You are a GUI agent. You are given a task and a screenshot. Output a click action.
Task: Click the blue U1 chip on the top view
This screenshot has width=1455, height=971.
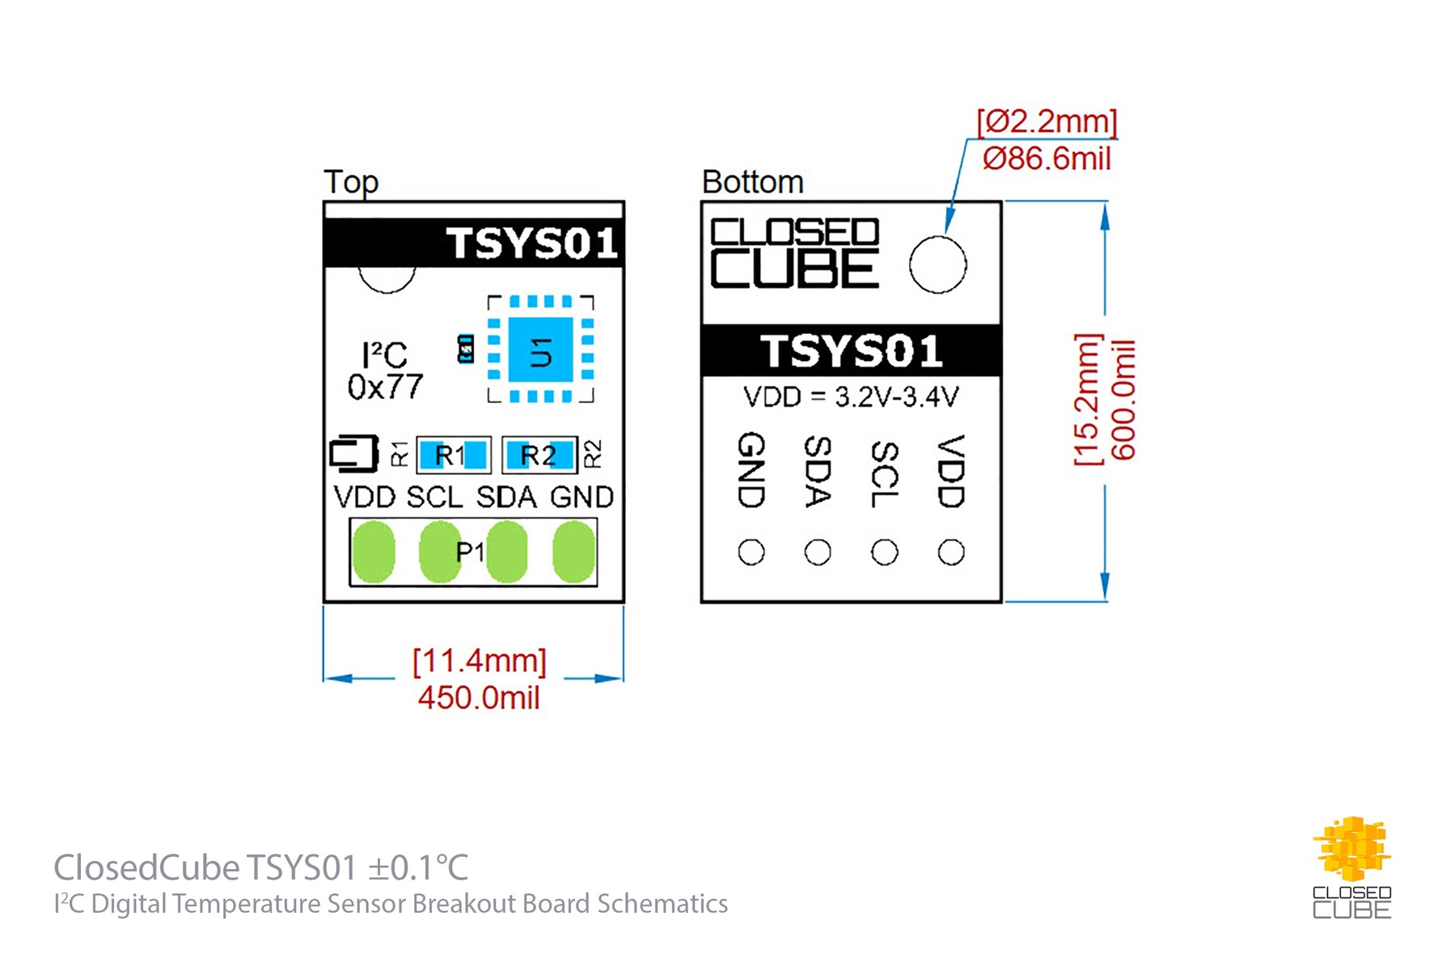(540, 350)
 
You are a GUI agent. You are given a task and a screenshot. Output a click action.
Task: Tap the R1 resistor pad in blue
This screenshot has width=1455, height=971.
(453, 455)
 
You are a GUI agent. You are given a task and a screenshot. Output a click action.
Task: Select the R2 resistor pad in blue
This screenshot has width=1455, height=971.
(539, 455)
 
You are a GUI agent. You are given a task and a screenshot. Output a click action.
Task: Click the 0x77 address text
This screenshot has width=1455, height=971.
(385, 388)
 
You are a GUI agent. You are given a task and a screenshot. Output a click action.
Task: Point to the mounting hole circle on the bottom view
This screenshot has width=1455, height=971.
(937, 265)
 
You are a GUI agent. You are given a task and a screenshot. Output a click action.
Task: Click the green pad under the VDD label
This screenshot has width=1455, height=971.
(374, 552)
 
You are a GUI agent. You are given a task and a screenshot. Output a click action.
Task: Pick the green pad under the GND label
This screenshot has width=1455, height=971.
(573, 552)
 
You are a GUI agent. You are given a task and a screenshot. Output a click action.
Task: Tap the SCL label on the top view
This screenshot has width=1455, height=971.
(434, 497)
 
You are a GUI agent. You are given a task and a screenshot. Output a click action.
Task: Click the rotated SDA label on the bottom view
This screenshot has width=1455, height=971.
(818, 472)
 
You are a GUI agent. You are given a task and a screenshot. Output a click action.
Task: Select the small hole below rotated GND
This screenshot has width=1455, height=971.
(751, 553)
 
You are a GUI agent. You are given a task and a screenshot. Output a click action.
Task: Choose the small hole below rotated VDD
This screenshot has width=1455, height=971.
(951, 553)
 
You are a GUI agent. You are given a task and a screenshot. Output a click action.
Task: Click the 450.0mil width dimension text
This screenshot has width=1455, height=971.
(479, 698)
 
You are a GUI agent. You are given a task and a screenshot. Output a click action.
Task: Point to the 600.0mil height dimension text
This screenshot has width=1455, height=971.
(1123, 401)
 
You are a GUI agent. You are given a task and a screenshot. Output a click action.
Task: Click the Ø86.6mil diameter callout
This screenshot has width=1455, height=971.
(1047, 159)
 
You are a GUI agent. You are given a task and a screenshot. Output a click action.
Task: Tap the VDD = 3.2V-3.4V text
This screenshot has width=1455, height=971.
(851, 397)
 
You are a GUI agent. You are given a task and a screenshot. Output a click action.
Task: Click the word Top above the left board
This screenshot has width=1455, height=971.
(351, 182)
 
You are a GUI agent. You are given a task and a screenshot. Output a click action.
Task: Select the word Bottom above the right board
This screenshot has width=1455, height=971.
(752, 182)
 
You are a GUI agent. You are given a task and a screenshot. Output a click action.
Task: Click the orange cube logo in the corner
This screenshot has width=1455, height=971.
(1351, 850)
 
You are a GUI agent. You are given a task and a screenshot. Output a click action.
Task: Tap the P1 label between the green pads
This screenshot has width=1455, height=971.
(470, 552)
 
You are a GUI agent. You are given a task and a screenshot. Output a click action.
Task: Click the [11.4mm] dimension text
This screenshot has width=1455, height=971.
(480, 661)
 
